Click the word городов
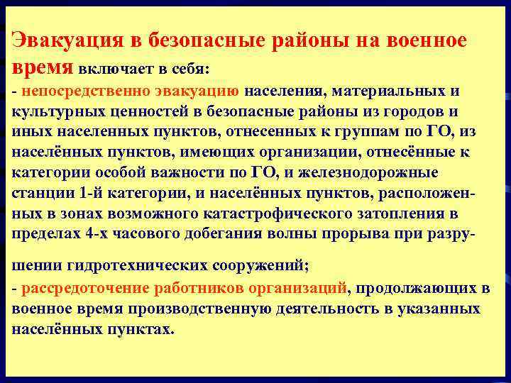[412, 112]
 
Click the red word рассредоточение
[85, 289]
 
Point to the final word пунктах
[143, 329]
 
